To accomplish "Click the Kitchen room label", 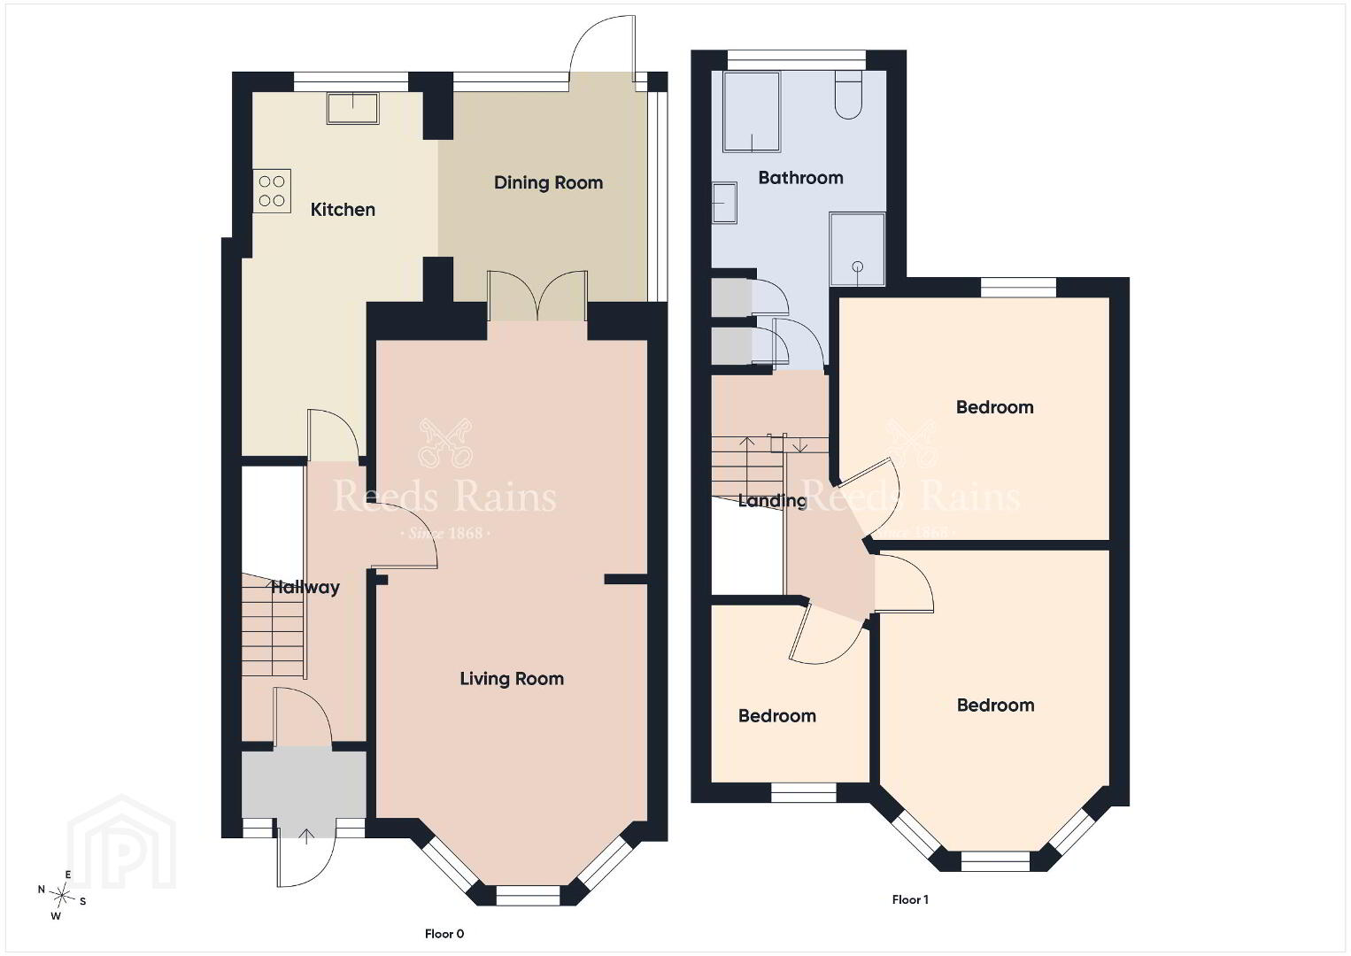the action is (x=343, y=209).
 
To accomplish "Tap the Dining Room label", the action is (x=548, y=182).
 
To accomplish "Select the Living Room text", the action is (x=512, y=679).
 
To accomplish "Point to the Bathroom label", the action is (x=800, y=178).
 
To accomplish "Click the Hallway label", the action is (x=305, y=587).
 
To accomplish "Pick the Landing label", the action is (x=773, y=501).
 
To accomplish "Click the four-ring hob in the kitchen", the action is (x=272, y=190).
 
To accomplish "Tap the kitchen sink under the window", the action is (x=353, y=108).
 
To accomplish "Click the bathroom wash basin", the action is (x=724, y=204).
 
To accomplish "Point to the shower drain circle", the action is (x=858, y=266).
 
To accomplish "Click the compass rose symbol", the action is (x=61, y=896).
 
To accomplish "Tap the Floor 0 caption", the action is (x=444, y=934).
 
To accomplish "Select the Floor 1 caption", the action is (x=910, y=899).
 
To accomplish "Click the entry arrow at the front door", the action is (x=307, y=836).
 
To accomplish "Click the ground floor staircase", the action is (x=273, y=625).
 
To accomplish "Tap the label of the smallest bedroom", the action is (x=776, y=716).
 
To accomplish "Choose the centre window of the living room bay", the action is (x=528, y=895).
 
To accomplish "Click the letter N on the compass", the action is (x=41, y=889).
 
